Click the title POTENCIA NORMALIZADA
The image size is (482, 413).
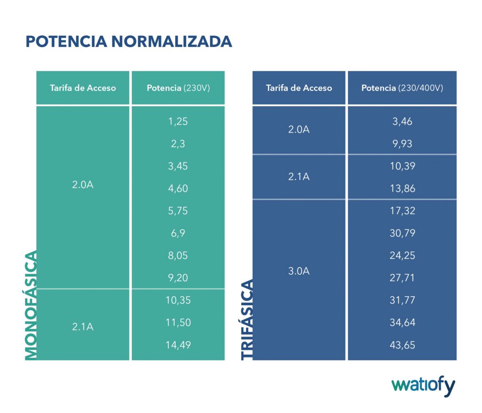point(129,41)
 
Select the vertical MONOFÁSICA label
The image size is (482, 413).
point(31,306)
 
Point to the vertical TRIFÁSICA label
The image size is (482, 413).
point(247,320)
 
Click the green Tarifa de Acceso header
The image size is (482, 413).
point(83,88)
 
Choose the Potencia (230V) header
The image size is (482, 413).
point(178,88)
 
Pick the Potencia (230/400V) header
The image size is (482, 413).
point(402,88)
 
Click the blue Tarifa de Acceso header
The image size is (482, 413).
point(299,88)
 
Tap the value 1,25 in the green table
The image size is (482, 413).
point(178,121)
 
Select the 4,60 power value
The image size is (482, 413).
point(178,188)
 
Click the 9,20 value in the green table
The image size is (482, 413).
point(178,278)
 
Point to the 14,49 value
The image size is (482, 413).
point(178,345)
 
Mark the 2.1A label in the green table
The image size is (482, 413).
point(83,326)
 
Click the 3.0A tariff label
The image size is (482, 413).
point(299,272)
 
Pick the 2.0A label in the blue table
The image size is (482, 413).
point(299,130)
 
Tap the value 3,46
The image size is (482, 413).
point(402,121)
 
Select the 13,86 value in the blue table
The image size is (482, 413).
point(402,188)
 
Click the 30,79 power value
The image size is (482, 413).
point(402,233)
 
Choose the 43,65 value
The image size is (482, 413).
point(402,345)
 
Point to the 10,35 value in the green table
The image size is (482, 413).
point(178,300)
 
